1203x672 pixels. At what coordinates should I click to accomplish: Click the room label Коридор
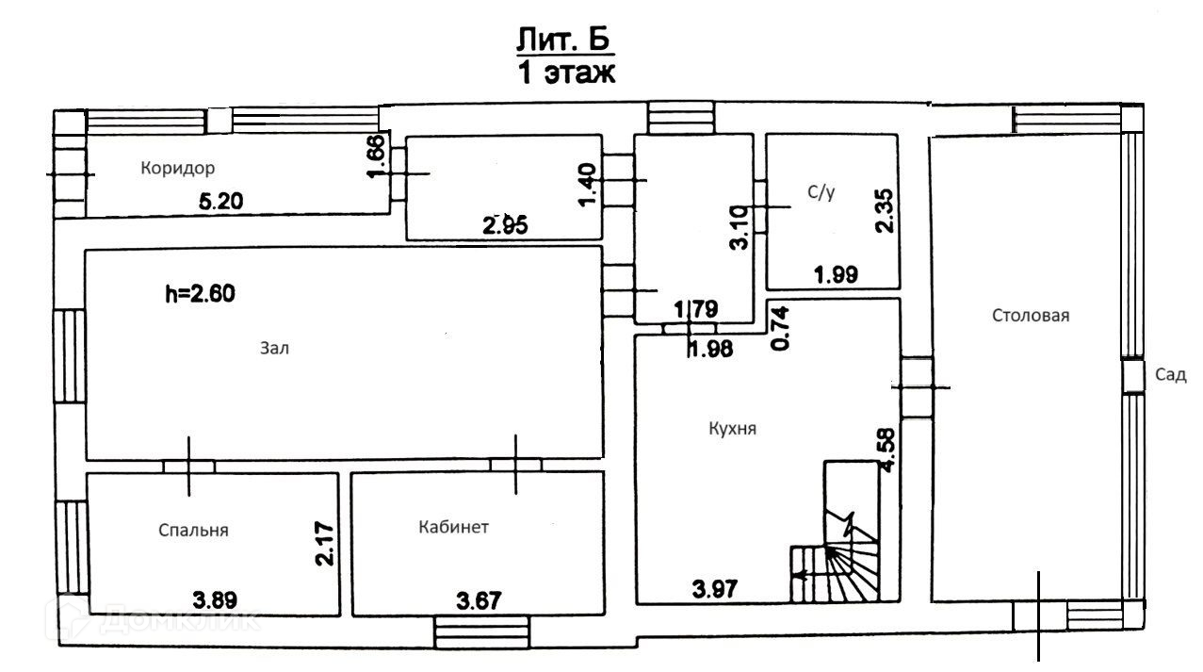click(x=178, y=169)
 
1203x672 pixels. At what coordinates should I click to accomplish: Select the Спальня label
click(x=192, y=530)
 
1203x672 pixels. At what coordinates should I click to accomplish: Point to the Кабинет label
click(x=453, y=527)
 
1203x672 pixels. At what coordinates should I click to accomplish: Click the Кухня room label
click(x=733, y=428)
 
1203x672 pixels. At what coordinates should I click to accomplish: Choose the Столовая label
click(x=1031, y=316)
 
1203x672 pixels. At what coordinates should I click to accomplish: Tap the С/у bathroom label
click(x=821, y=194)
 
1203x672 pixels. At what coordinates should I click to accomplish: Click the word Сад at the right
click(x=1169, y=375)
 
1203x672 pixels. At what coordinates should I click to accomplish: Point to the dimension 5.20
click(x=223, y=200)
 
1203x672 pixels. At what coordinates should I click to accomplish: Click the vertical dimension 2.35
click(x=884, y=214)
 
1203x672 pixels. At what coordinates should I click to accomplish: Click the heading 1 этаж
click(x=566, y=74)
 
